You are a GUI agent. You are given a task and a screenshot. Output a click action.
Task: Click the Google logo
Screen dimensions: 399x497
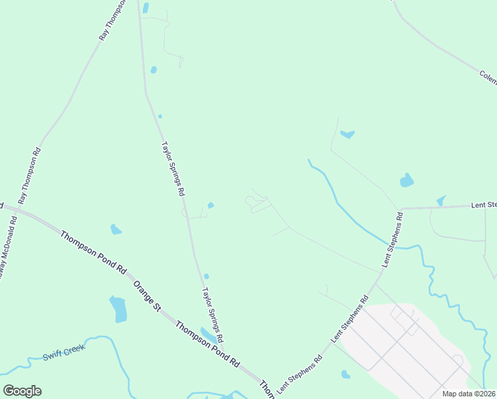click(x=22, y=391)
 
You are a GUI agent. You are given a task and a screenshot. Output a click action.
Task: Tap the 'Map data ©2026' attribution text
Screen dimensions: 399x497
click(x=468, y=394)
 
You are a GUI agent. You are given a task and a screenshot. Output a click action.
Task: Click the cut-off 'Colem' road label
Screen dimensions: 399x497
click(x=488, y=78)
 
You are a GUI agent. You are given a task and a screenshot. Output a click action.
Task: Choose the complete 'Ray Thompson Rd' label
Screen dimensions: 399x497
click(x=30, y=175)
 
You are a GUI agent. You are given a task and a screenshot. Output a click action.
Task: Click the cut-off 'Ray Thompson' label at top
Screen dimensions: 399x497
click(x=112, y=21)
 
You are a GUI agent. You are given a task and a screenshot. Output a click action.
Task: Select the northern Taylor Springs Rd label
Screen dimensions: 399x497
click(x=173, y=168)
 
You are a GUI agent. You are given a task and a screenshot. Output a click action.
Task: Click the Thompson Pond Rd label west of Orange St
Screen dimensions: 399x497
click(x=93, y=253)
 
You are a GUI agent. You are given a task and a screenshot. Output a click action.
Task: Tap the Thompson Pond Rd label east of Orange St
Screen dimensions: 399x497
click(x=207, y=344)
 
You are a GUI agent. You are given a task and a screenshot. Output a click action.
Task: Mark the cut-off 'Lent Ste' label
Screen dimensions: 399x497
click(x=484, y=205)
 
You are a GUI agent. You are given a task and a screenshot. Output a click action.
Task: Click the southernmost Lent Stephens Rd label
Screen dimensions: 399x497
click(x=300, y=374)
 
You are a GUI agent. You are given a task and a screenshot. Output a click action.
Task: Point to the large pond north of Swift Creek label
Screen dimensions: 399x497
click(x=118, y=309)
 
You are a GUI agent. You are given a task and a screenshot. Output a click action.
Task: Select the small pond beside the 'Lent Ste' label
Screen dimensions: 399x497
click(x=441, y=201)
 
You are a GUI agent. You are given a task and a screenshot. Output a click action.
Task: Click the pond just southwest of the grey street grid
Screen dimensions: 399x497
click(x=346, y=374)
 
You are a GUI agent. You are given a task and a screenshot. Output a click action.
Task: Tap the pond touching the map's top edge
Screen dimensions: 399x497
click(x=146, y=7)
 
